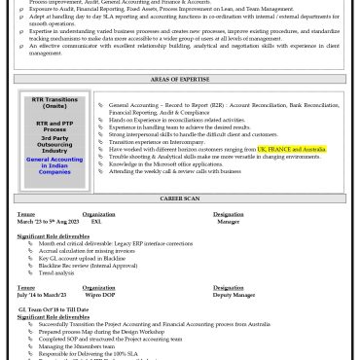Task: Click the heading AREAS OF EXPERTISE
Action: coord(180,79)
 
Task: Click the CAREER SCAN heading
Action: coord(180,198)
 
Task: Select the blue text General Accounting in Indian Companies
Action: coord(54,164)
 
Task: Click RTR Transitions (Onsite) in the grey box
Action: coord(54,102)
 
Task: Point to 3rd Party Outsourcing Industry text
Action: coord(54,144)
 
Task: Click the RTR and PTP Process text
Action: coord(54,126)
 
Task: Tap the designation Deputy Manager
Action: coord(234,295)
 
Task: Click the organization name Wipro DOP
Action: coord(101,295)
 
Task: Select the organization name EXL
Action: coord(96,221)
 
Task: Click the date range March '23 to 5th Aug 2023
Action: coord(48,221)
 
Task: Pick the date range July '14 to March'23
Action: coord(42,295)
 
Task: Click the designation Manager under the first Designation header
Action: coord(228,221)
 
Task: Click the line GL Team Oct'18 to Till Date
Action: coord(54,308)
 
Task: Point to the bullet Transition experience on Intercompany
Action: coord(163,141)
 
